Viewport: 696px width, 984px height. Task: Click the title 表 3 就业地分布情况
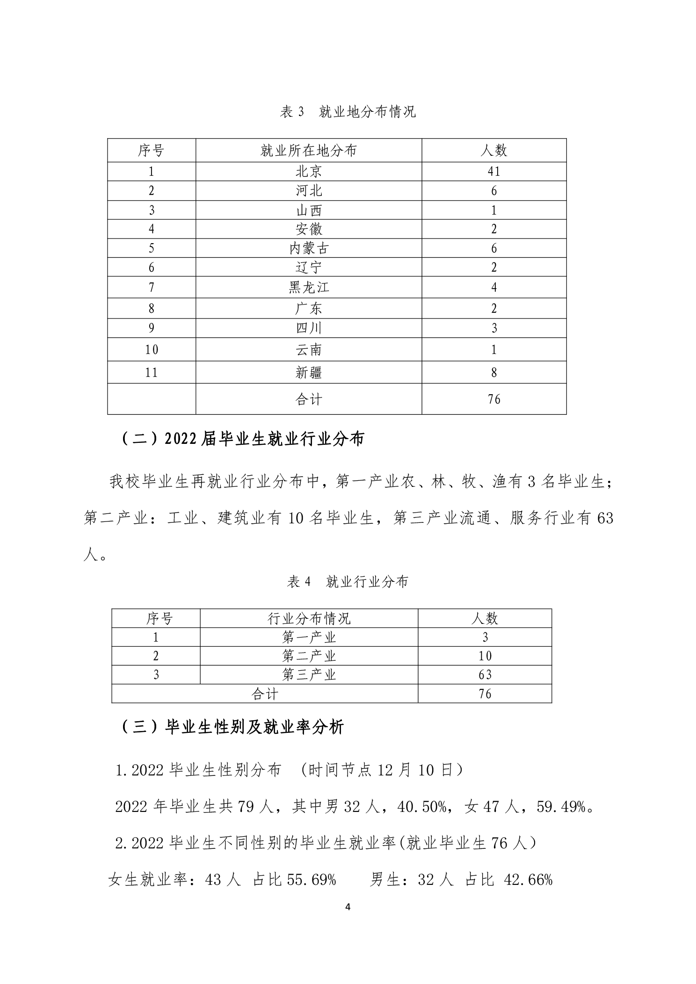[x=348, y=112]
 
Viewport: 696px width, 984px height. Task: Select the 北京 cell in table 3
[x=309, y=172]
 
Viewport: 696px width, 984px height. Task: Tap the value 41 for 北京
[x=494, y=172]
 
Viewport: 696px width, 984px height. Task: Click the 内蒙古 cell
[x=309, y=248]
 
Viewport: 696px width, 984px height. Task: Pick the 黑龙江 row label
[x=309, y=287]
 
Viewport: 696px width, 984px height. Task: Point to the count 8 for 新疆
[x=494, y=373]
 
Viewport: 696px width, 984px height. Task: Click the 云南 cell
[x=309, y=350]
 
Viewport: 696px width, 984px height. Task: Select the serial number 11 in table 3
[x=151, y=373]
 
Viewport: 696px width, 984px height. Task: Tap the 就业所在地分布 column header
[x=309, y=151]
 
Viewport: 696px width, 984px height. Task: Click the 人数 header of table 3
[x=494, y=151]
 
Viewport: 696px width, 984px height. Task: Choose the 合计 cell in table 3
[x=309, y=399]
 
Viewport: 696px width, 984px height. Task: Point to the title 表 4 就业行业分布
[x=348, y=582]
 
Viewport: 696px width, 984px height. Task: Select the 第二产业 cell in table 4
[x=309, y=656]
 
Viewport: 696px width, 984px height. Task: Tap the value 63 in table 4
[x=485, y=675]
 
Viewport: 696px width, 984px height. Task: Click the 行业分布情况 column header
[x=309, y=619]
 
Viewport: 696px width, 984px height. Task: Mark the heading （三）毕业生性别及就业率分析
[x=232, y=727]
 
